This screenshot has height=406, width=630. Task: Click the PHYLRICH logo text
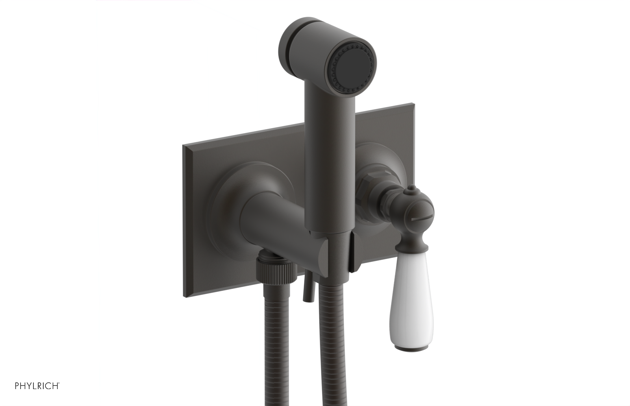(37, 386)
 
